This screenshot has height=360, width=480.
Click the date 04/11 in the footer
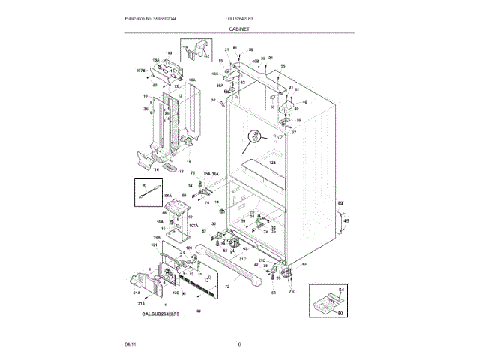pyautogui.click(x=130, y=343)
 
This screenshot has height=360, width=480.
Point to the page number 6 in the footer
pyautogui.click(x=239, y=343)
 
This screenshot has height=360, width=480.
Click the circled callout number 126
pyautogui.click(x=254, y=135)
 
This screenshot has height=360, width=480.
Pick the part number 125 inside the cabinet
pyautogui.click(x=273, y=162)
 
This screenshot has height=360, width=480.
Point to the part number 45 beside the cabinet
pyautogui.click(x=346, y=221)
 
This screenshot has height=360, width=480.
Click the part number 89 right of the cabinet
pyautogui.click(x=340, y=203)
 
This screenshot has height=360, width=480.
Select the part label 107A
pyautogui.click(x=193, y=225)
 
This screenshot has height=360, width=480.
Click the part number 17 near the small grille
pyautogui.click(x=181, y=172)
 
